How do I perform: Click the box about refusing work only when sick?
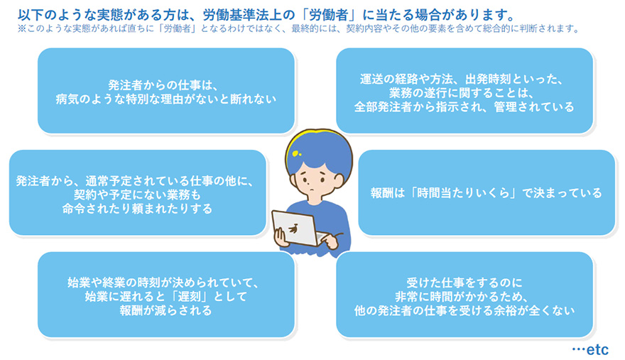(x=166, y=90)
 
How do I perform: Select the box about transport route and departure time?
(x=464, y=90)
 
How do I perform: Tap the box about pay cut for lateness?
(x=166, y=295)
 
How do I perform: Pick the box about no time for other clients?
(x=464, y=295)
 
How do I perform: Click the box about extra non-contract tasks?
(x=137, y=192)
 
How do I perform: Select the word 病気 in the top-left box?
(x=68, y=99)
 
